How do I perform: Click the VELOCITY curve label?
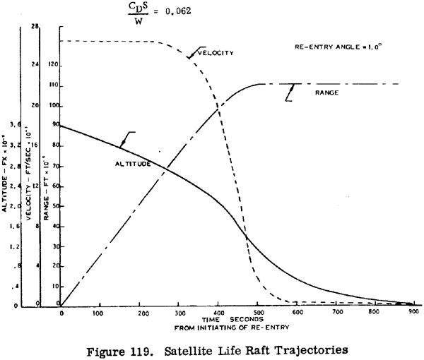coord(215,53)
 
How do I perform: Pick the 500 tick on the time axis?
coord(360,313)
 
